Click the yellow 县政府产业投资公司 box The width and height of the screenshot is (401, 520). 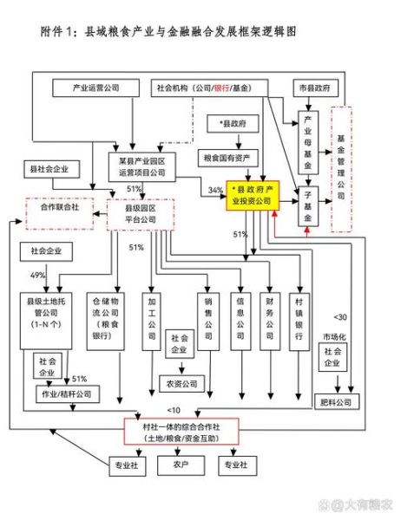[251, 195]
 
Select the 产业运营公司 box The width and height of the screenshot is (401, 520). [95, 88]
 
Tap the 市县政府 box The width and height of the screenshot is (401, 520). [314, 88]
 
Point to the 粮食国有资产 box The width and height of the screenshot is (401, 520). [227, 158]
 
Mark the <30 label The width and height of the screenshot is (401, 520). [341, 317]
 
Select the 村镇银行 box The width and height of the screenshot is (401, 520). [299, 318]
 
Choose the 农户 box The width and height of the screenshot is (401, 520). [180, 465]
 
